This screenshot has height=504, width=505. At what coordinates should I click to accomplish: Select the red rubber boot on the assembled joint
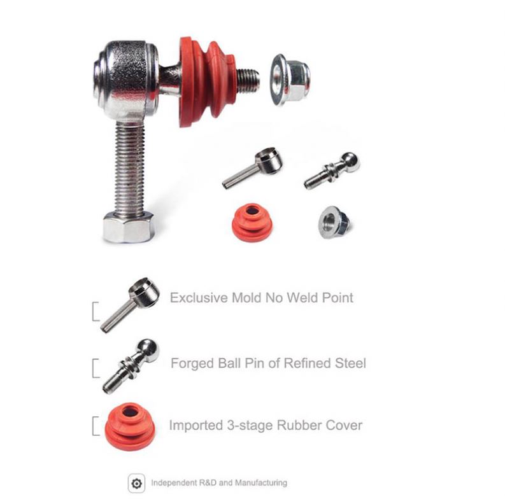pos(208,81)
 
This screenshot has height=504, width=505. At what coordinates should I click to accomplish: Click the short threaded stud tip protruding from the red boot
pos(249,78)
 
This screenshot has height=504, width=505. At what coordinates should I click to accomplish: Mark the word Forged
pos(192,364)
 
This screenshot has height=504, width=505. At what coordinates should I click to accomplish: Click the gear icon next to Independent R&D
pos(136,483)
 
